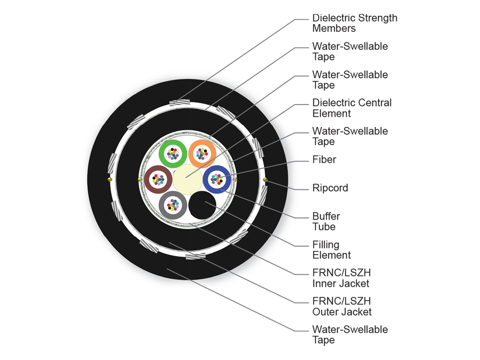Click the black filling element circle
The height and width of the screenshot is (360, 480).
click(202, 205)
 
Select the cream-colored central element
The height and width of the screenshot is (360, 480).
click(187, 179)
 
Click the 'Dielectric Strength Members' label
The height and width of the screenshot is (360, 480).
click(354, 23)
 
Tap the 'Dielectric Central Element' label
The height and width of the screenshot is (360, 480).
click(352, 108)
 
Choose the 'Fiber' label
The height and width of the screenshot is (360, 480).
click(324, 160)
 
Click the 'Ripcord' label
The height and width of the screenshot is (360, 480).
click(330, 188)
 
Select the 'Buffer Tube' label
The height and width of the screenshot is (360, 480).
click(326, 221)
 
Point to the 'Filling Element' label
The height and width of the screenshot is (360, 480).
click(331, 250)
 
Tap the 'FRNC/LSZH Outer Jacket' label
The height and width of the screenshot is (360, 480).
click(342, 306)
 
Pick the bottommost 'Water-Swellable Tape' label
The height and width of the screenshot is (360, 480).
click(350, 335)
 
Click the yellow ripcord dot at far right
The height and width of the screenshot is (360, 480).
click(265, 180)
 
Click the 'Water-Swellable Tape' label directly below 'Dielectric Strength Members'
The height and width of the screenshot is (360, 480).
click(350, 51)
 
